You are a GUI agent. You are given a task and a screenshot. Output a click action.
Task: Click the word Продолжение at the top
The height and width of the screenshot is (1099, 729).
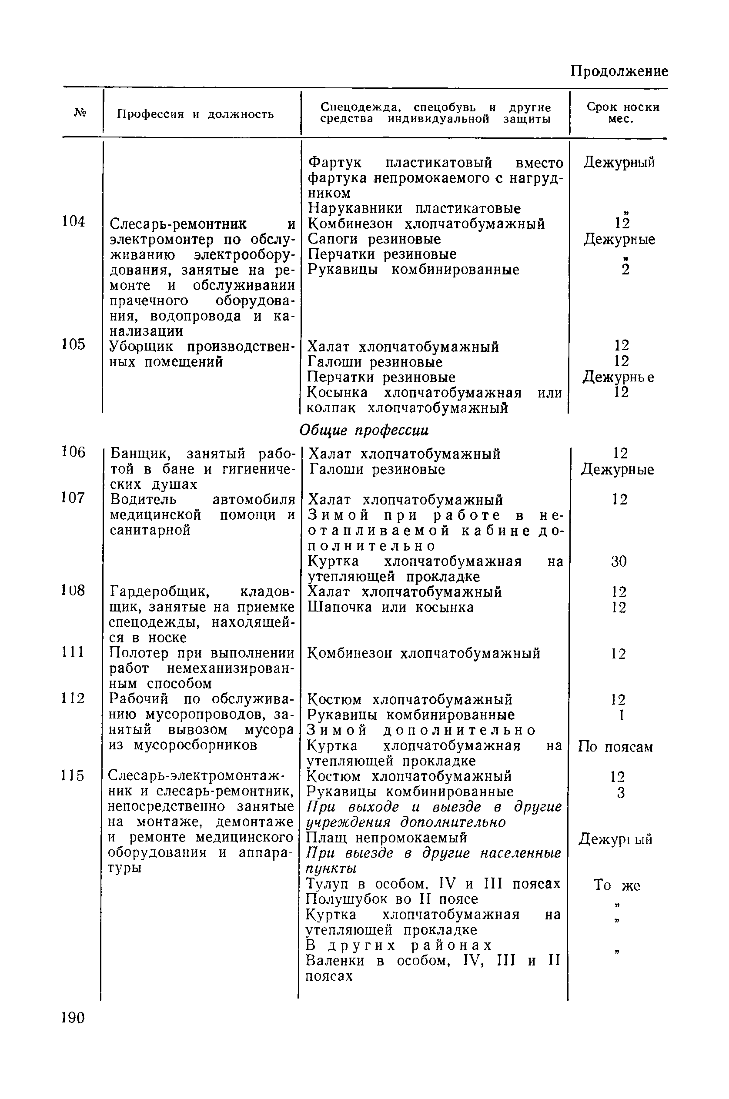click(x=619, y=71)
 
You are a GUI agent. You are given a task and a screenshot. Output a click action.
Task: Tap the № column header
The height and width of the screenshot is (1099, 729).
click(x=80, y=113)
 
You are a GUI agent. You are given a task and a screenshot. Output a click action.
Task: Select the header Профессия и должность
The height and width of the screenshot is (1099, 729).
click(x=195, y=114)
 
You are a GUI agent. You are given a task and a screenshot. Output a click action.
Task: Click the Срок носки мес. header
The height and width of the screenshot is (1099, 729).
click(x=622, y=113)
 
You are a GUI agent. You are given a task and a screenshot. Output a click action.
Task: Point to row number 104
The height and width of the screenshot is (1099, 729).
click(x=74, y=222)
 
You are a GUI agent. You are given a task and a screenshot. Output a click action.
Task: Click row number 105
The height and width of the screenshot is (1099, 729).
click(x=74, y=344)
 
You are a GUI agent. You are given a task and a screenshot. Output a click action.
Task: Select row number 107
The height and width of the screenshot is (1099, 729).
click(x=74, y=498)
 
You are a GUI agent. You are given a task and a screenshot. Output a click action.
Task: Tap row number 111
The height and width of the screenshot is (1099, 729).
click(x=74, y=652)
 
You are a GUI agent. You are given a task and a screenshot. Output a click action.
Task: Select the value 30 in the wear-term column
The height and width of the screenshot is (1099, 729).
click(x=619, y=561)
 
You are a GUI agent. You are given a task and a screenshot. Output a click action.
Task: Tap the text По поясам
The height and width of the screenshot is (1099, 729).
click(x=615, y=747)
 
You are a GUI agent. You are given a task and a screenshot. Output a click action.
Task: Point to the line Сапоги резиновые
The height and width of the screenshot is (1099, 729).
click(x=374, y=239)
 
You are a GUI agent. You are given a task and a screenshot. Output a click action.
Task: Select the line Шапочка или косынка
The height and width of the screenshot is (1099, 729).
click(x=391, y=607)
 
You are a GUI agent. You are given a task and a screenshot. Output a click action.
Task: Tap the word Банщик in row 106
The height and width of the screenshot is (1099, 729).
click(x=141, y=453)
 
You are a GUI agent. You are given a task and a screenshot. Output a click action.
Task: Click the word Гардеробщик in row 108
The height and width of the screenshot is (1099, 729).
click(x=160, y=592)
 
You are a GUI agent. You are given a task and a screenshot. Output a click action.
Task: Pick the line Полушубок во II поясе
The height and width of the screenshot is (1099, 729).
click(x=392, y=899)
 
